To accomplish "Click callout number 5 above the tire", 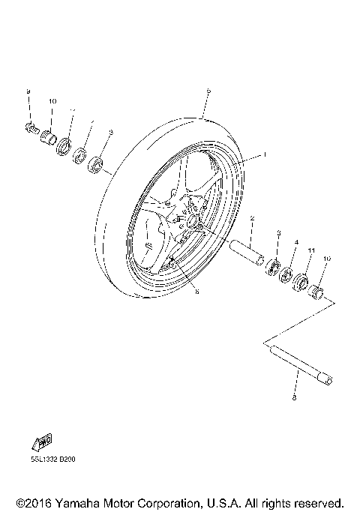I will point(208,91).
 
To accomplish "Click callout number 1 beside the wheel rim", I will point(264,155).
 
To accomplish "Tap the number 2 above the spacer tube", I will point(253,219).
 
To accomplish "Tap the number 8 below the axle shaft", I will point(293,398).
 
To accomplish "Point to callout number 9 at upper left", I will point(28,91).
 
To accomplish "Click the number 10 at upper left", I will point(52,101).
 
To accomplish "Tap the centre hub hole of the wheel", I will point(193,221).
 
